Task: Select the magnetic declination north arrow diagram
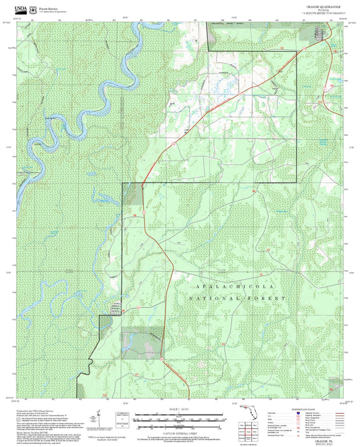[x=99, y=419]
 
